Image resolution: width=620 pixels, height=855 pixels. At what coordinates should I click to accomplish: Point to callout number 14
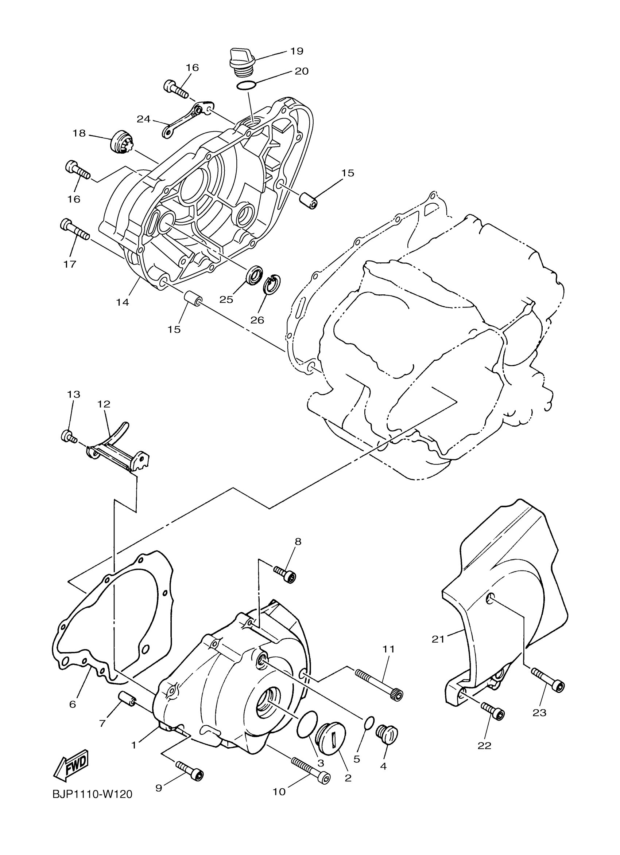123,302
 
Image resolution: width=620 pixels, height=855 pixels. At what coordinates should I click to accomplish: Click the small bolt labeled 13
68,436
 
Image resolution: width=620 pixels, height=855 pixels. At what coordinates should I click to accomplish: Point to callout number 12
104,404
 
